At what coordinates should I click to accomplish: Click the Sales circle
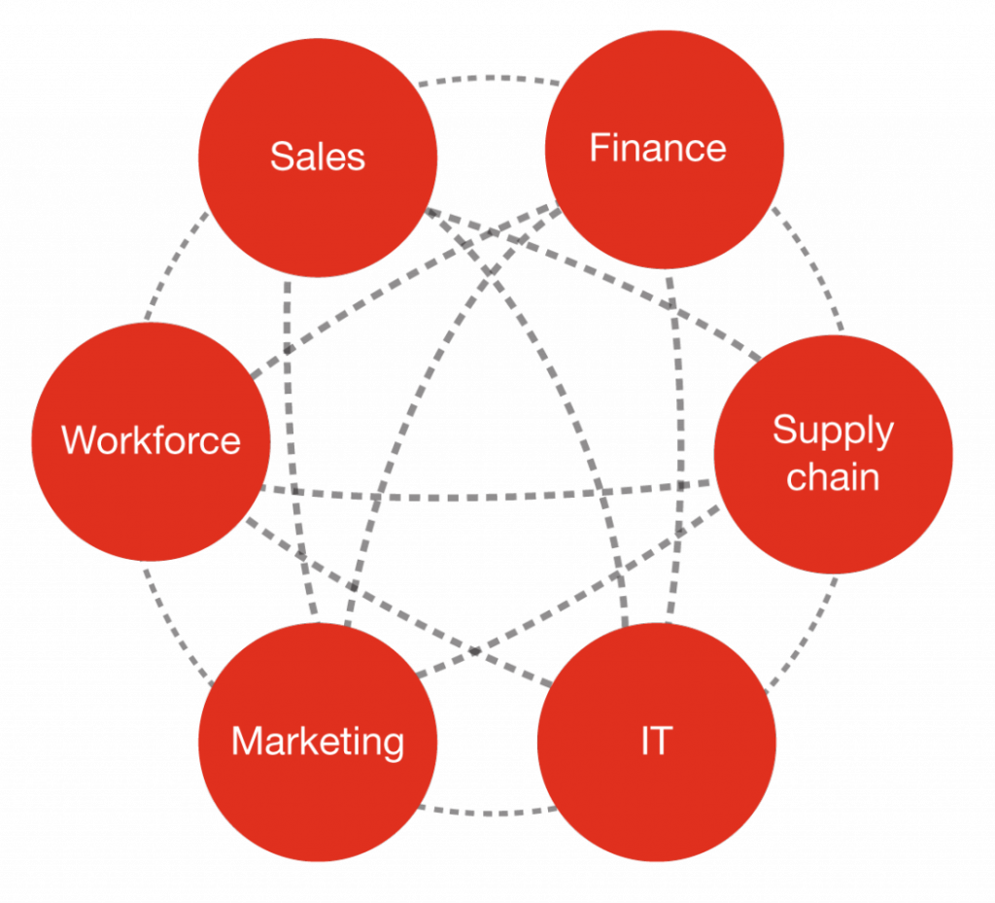coord(318,157)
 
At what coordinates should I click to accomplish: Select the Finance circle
coord(665,149)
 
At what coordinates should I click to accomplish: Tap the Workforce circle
coord(151,441)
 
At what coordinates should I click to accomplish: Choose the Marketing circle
coord(318,742)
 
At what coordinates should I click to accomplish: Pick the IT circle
coord(657,742)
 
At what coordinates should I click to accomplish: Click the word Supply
coord(833,432)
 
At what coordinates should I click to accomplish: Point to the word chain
coord(833,477)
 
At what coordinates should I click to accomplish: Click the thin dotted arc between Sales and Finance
coord(490,78)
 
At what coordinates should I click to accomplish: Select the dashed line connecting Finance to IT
coord(679,447)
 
